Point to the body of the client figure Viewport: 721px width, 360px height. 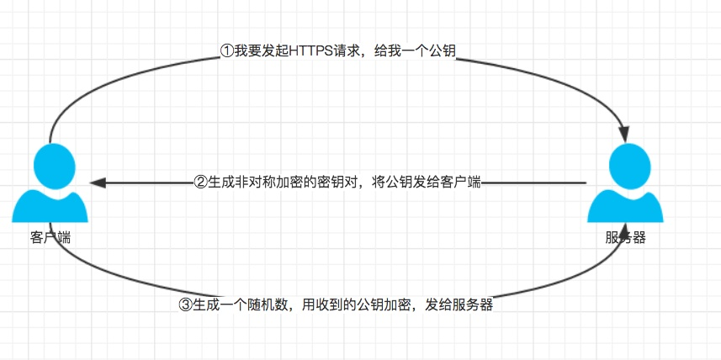coord(50,207)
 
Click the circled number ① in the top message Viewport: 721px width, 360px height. coord(226,51)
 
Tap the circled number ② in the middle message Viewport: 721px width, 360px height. coord(201,182)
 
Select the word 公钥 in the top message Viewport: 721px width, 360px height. coord(443,51)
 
